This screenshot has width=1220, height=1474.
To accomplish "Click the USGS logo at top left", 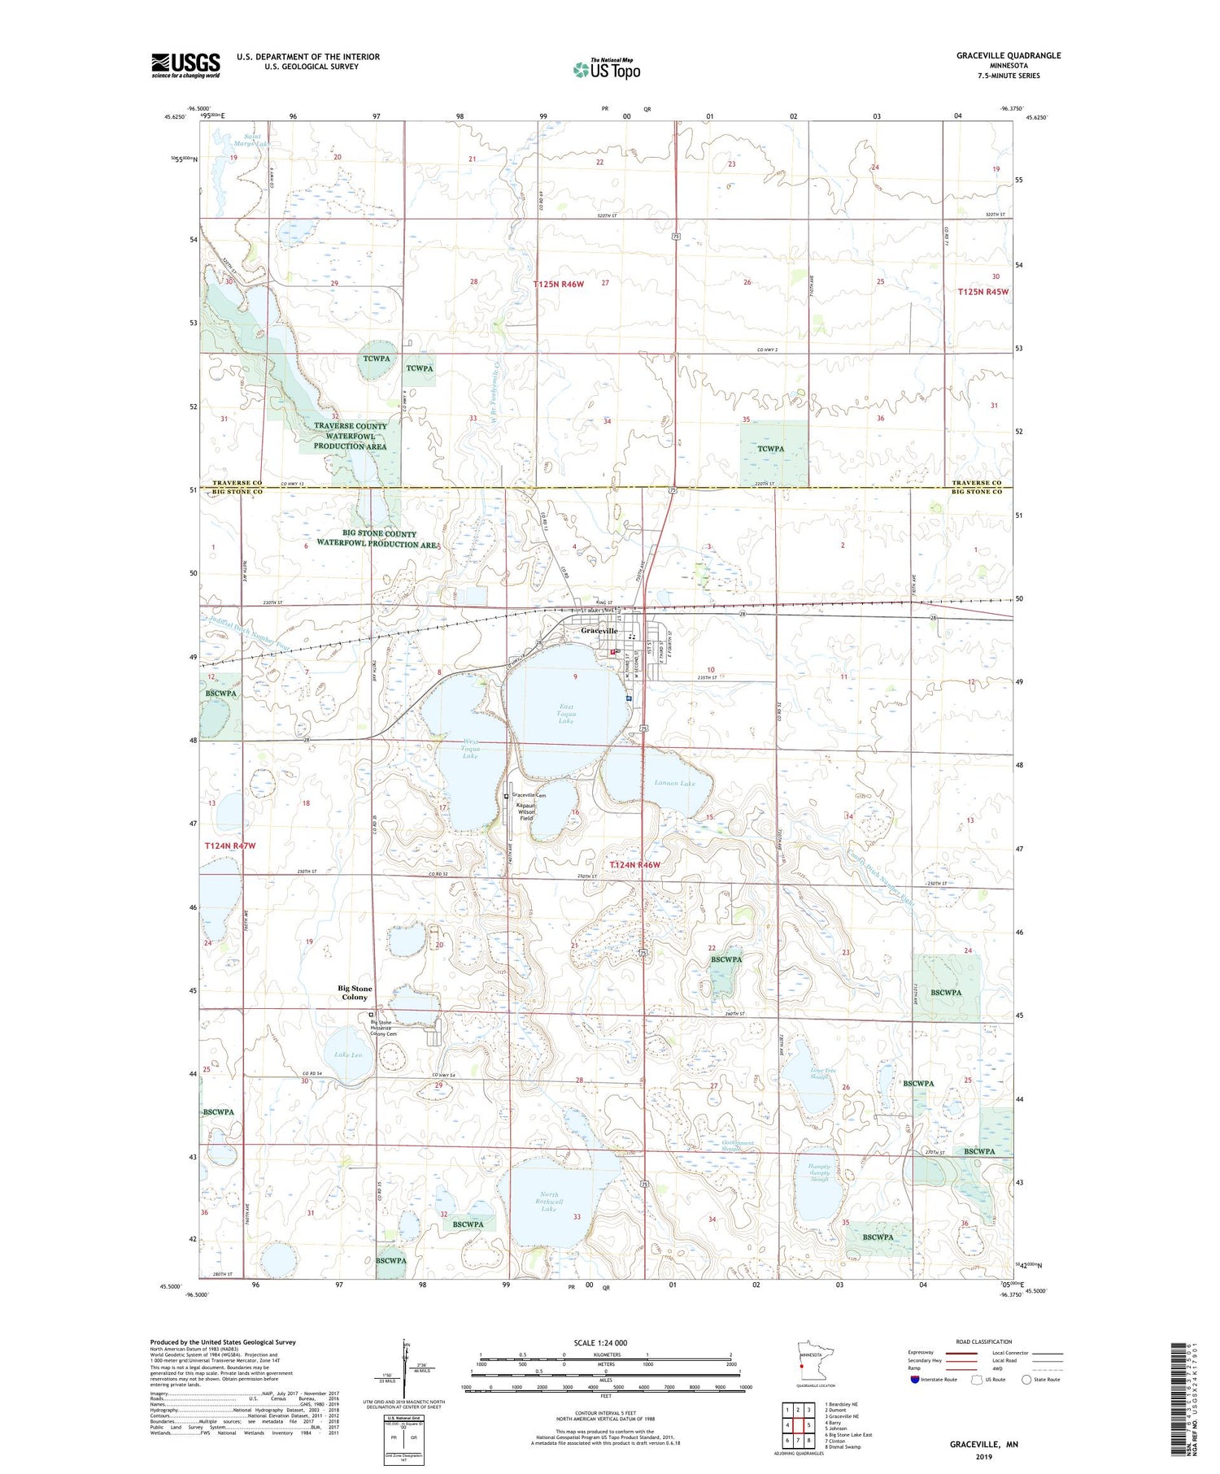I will click(x=185, y=65).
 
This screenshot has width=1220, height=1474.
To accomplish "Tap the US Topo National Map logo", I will click(x=607, y=69).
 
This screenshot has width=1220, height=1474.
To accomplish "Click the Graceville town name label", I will click(x=599, y=631).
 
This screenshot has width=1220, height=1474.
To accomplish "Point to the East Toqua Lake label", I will click(x=566, y=715).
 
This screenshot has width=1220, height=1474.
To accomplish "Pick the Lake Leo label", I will click(x=348, y=1054).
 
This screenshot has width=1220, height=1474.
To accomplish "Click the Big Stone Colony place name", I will click(x=355, y=993).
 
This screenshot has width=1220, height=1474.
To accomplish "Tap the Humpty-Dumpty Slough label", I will click(x=819, y=1172).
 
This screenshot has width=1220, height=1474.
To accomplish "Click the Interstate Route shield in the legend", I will click(x=916, y=1380).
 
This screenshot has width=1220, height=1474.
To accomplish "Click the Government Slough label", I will click(x=738, y=1146).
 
